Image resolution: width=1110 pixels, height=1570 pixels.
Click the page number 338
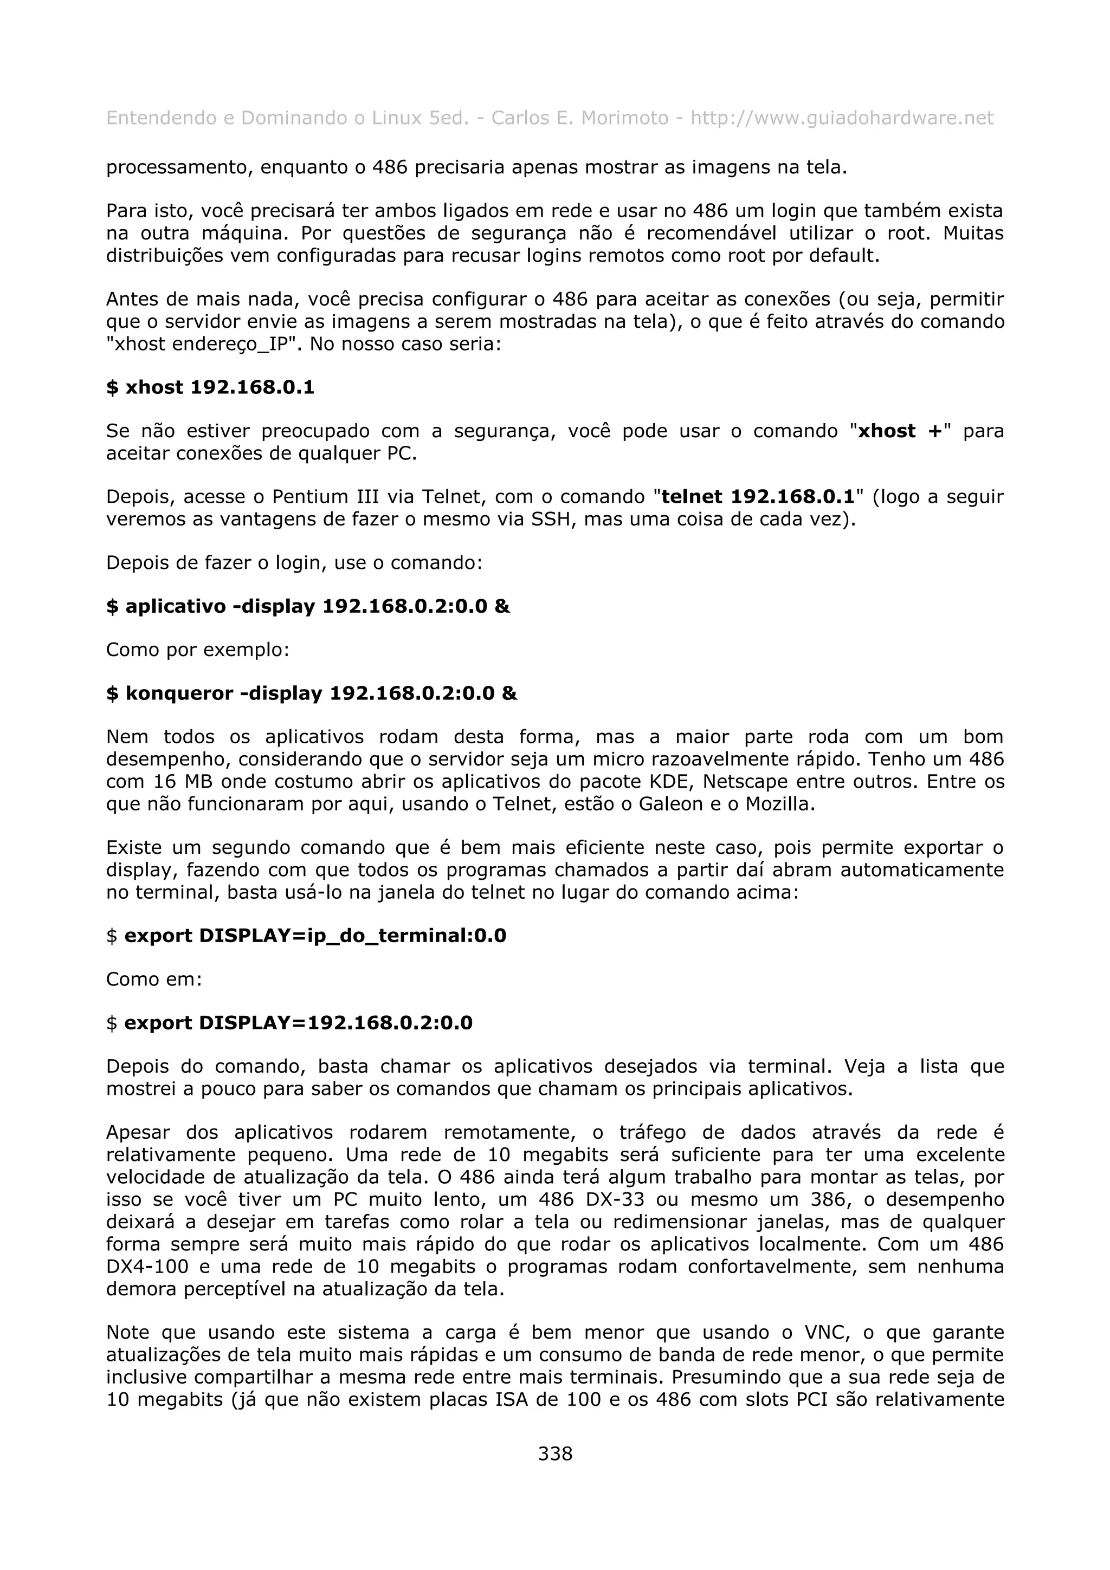coord(554,1453)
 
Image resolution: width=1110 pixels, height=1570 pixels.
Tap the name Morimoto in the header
coord(624,118)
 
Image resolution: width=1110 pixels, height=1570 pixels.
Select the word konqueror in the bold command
coord(179,693)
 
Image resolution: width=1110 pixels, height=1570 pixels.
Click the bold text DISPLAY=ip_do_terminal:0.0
coord(352,936)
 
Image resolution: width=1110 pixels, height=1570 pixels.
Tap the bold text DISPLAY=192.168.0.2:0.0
coord(335,1023)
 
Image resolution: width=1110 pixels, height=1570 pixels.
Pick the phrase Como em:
coord(154,979)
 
